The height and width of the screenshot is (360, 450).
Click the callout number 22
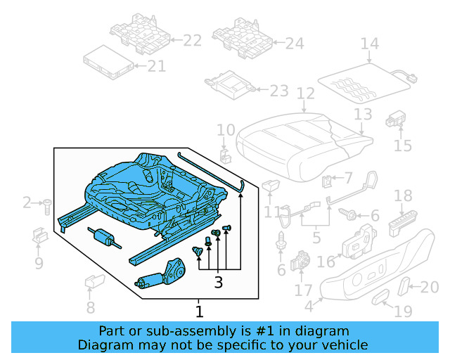pyautogui.click(x=192, y=41)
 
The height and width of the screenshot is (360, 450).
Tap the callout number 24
pyautogui.click(x=295, y=44)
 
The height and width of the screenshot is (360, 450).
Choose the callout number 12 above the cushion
pyautogui.click(x=305, y=94)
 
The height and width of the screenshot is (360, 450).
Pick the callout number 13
pyautogui.click(x=363, y=114)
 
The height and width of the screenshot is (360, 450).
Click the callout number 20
pyautogui.click(x=429, y=286)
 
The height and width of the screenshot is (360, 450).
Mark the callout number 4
pyautogui.click(x=309, y=307)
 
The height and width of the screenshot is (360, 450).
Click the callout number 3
pyautogui.click(x=218, y=283)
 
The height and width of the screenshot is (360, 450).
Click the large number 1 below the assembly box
pyautogui.click(x=199, y=311)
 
